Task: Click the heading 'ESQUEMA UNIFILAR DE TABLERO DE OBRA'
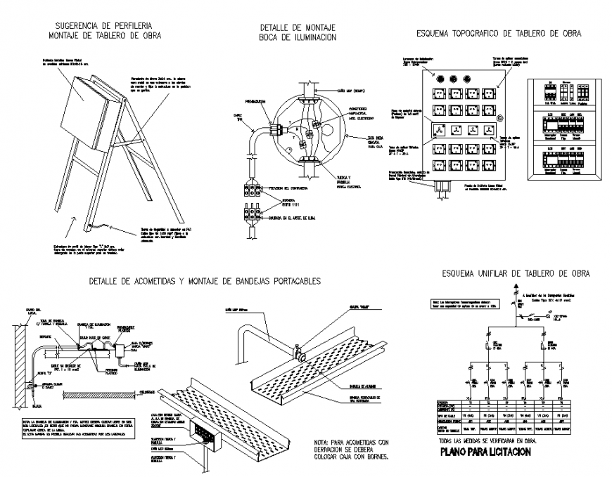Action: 516,273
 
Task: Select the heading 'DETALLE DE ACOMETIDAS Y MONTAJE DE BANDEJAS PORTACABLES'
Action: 205,281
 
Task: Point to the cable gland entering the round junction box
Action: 269,129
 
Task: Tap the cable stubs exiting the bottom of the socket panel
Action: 445,187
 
